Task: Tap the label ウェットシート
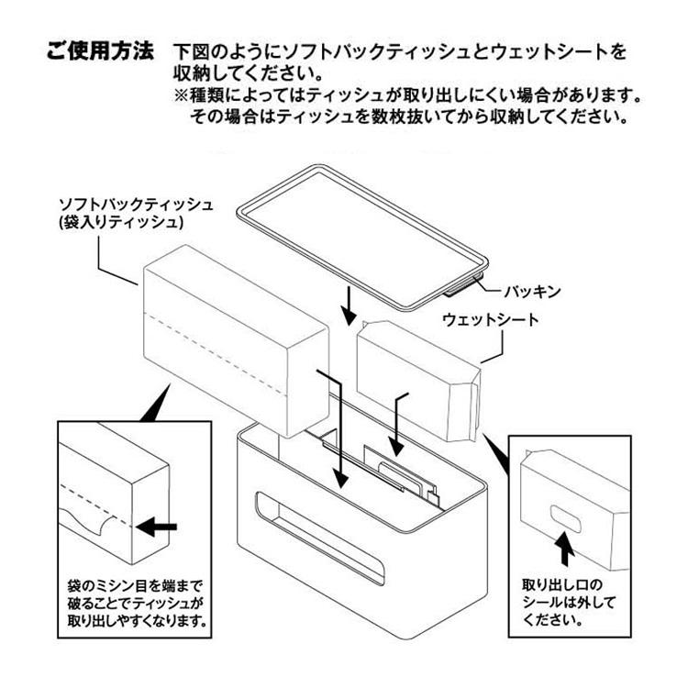point(491,320)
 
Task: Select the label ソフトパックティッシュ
point(136,203)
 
